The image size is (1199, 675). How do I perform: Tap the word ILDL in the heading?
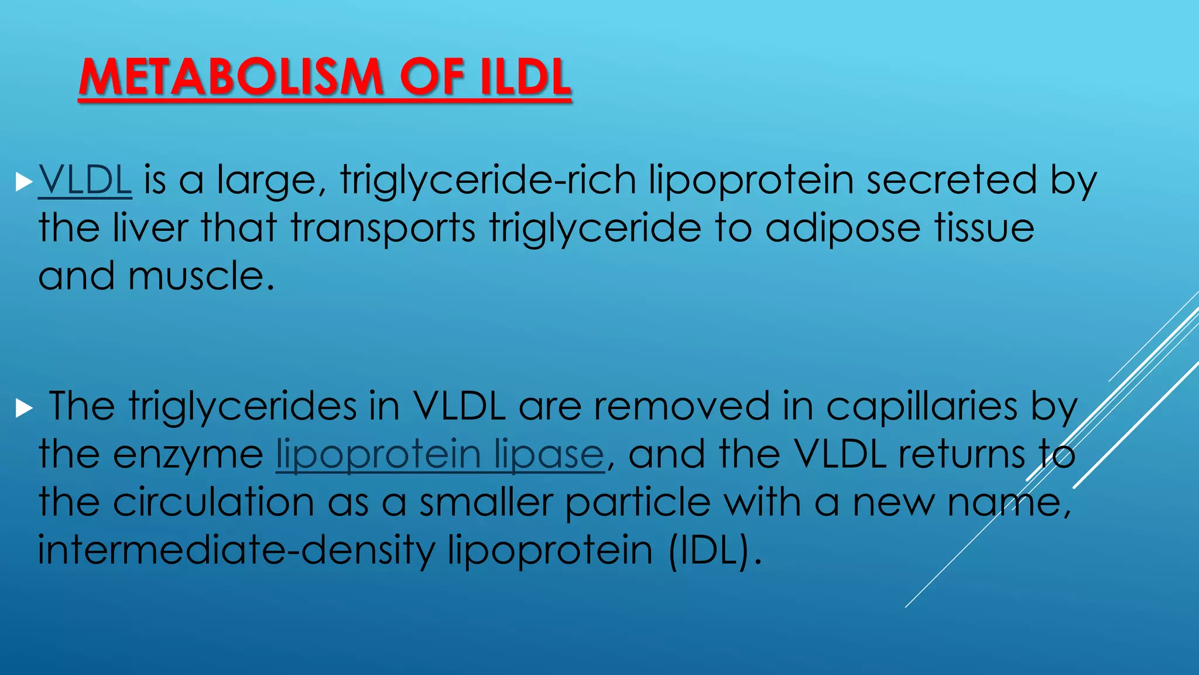(x=525, y=77)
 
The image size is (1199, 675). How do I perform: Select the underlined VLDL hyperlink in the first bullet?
(x=85, y=180)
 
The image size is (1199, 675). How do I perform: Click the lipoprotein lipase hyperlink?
(x=440, y=454)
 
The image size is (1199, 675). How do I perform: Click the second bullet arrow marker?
(x=24, y=408)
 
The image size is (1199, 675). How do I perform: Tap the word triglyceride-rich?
(x=488, y=180)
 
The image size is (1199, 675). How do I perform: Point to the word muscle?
(x=201, y=276)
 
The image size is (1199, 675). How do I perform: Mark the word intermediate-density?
(x=237, y=550)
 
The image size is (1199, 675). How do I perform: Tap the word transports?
(x=383, y=228)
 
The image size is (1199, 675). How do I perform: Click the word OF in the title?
(x=431, y=77)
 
